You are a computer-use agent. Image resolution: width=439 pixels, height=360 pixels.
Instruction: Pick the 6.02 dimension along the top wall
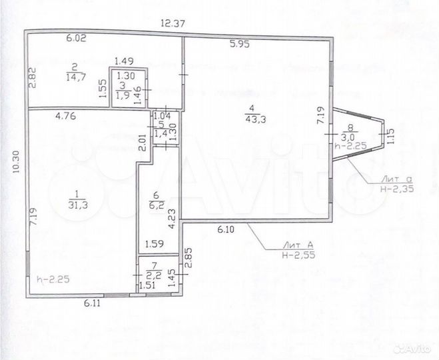pos(77,39)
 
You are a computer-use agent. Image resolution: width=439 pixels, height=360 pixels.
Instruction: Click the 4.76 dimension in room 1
pos(67,117)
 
